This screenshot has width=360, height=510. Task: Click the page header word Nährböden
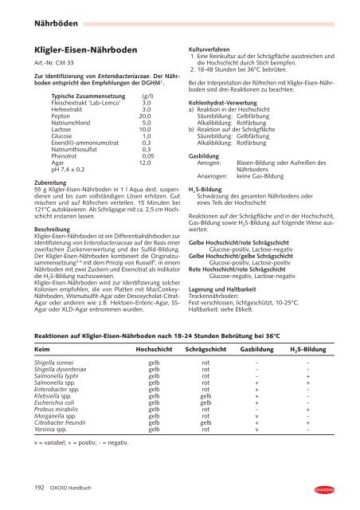click(32, 12)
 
